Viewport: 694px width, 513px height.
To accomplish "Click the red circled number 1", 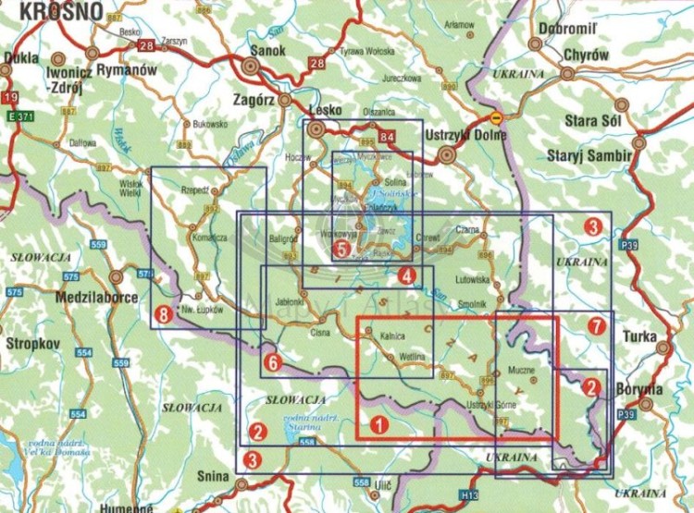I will [378, 425].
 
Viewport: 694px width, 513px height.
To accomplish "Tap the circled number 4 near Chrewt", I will [406, 275].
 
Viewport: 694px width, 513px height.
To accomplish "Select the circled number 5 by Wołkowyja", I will [342, 249].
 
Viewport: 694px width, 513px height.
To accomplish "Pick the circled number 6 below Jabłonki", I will [271, 362].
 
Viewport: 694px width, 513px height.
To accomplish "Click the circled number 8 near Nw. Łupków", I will [165, 314].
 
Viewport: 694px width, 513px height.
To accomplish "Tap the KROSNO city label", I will [35, 11].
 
